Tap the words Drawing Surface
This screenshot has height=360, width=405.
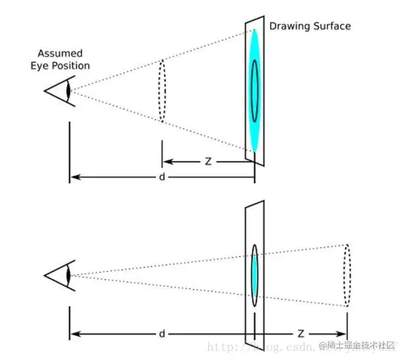310,26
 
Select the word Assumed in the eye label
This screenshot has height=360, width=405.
59,53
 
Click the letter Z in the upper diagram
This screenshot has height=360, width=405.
208,161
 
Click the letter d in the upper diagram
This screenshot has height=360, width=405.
161,177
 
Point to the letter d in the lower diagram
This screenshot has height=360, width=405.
161,334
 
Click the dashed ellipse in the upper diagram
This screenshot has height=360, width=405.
162,91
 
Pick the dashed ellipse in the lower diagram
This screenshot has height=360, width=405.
347,275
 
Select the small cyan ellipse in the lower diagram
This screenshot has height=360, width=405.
254,275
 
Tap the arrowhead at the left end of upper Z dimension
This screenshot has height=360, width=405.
166,161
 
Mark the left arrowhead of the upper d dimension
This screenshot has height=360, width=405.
74,177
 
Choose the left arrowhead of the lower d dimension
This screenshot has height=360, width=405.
74,333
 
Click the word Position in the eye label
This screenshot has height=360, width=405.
72,66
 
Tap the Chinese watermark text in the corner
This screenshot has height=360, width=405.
358,344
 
